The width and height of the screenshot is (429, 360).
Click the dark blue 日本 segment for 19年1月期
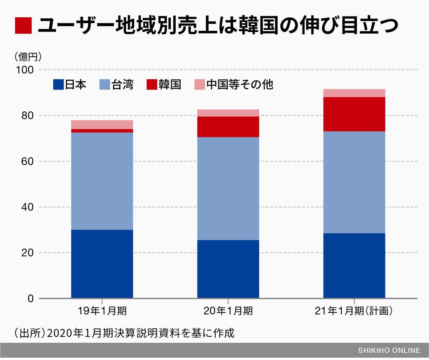click(x=102, y=264)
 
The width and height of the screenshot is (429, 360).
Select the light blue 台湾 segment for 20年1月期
click(x=228, y=188)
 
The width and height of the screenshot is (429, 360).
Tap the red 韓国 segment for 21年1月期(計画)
click(x=354, y=114)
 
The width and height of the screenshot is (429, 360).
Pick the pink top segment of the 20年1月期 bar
click(x=228, y=113)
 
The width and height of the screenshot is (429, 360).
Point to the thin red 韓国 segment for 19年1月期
click(x=102, y=131)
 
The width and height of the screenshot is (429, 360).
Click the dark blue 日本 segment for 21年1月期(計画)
click(x=354, y=266)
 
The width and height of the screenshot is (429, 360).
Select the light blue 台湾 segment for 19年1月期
click(x=102, y=181)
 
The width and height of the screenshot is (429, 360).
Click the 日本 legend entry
click(x=70, y=85)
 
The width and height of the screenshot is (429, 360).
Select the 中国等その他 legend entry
click(x=233, y=85)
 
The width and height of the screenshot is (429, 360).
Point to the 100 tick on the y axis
click(x=25, y=70)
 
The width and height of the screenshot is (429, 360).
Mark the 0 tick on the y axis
click(x=30, y=299)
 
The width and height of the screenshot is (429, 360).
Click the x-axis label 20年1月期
click(x=228, y=311)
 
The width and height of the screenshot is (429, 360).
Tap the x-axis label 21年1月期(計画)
click(x=354, y=311)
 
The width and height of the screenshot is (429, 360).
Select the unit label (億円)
click(x=28, y=57)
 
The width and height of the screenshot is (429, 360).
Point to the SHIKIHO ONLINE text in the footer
click(x=389, y=351)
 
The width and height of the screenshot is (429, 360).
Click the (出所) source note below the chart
click(x=124, y=333)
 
